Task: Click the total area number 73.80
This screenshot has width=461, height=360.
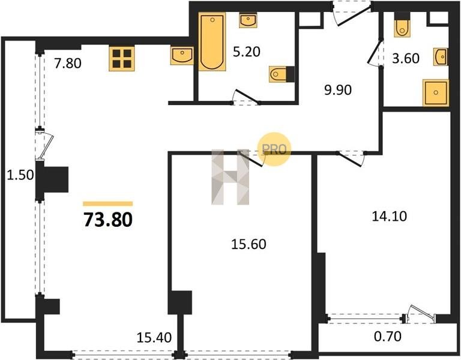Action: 108,220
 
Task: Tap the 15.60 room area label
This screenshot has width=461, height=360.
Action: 249,244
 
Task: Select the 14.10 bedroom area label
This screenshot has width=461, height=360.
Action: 390,216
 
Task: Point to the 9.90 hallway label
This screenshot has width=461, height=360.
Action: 338,90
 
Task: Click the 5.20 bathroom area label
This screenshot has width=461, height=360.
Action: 247,52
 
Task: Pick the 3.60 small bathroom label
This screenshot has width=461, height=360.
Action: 406,58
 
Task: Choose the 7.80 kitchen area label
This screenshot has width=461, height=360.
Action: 68,63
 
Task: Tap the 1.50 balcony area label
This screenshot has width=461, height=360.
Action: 20,175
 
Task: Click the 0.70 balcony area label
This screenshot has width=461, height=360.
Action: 388,336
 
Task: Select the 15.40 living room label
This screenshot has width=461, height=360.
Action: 154,338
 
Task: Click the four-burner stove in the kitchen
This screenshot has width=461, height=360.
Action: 122,58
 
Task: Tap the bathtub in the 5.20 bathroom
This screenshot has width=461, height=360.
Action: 212,41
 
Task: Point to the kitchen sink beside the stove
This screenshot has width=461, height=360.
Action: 182,56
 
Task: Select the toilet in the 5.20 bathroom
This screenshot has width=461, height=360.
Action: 282,74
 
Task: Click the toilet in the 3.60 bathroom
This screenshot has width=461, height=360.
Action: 402,25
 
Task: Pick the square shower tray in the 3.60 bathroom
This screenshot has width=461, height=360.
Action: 436,92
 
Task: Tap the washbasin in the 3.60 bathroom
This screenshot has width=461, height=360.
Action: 441,57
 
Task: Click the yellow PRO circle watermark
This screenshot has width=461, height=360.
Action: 274,149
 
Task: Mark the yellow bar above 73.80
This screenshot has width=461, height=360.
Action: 108,203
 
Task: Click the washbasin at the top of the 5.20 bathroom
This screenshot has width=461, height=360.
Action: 248,20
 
